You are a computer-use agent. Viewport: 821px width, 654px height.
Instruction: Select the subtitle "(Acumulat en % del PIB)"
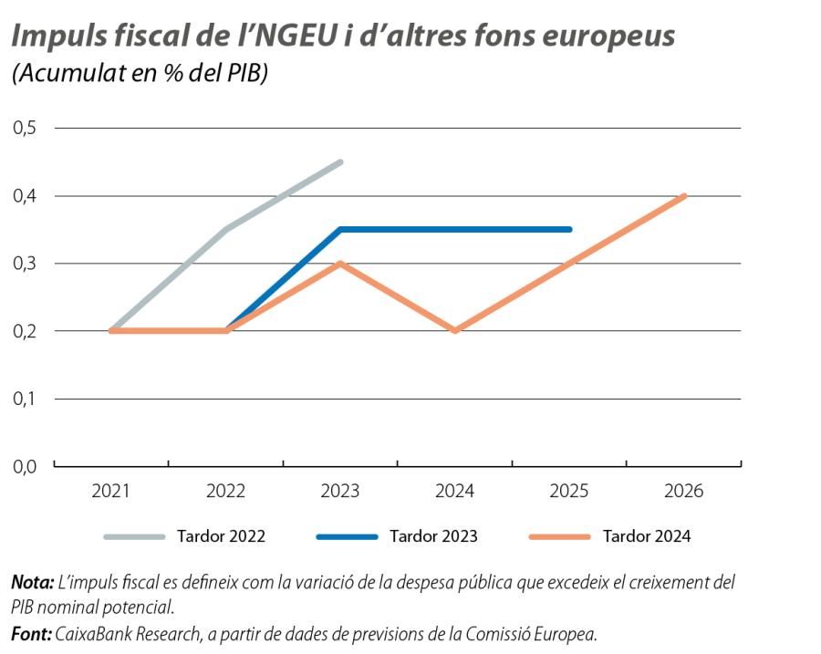tap(139, 74)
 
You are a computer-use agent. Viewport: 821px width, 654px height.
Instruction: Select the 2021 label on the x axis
tap(110, 492)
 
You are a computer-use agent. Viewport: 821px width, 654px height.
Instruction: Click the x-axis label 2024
tap(454, 492)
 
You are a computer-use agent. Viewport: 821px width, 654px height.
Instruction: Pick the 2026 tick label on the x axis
tap(684, 492)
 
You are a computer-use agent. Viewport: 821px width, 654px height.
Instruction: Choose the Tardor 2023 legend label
tap(433, 536)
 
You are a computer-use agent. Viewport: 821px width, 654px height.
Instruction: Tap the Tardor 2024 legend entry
tap(647, 536)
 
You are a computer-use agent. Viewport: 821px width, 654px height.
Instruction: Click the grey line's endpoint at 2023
tap(340, 162)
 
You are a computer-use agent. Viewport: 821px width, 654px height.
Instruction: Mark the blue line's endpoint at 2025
tap(569, 229)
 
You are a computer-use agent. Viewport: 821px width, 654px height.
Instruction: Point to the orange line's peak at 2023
tap(340, 264)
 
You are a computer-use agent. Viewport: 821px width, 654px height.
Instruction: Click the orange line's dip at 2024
tap(454, 330)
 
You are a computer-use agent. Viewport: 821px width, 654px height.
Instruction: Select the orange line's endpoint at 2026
tap(683, 196)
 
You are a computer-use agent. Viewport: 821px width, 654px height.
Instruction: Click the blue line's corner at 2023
tap(340, 229)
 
